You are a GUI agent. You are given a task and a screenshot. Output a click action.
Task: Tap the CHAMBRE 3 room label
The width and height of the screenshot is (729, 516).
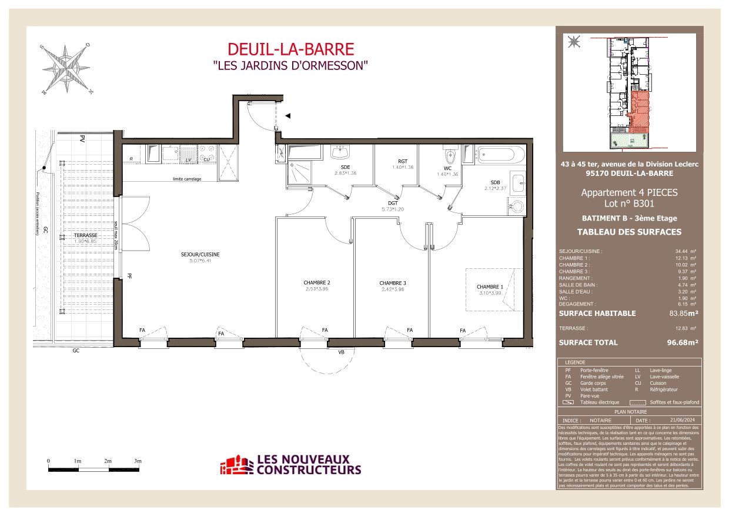pyautogui.click(x=393, y=283)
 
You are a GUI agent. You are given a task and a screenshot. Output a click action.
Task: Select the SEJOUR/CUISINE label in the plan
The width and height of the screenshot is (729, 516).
pyautogui.click(x=200, y=254)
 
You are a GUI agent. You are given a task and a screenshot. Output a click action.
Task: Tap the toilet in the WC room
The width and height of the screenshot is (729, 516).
pyautogui.click(x=450, y=157)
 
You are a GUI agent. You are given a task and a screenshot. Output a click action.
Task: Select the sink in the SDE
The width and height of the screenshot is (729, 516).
pyautogui.click(x=340, y=153)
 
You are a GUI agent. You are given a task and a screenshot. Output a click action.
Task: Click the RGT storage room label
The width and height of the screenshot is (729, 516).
pyautogui.click(x=403, y=161)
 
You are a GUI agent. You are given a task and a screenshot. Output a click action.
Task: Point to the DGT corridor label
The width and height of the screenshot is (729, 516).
pyautogui.click(x=393, y=203)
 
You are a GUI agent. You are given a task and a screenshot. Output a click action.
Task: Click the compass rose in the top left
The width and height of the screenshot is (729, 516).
pyautogui.click(x=65, y=69)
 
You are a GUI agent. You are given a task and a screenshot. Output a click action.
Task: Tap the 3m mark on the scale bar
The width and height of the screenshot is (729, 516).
pyautogui.click(x=138, y=461)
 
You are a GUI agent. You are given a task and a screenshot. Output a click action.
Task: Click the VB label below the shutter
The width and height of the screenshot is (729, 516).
pyautogui.click(x=340, y=352)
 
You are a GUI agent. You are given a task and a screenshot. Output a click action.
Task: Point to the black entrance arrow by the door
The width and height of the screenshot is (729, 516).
pyautogui.click(x=287, y=116)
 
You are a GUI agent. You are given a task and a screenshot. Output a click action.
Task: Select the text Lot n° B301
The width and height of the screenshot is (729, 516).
pyautogui.click(x=629, y=204)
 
